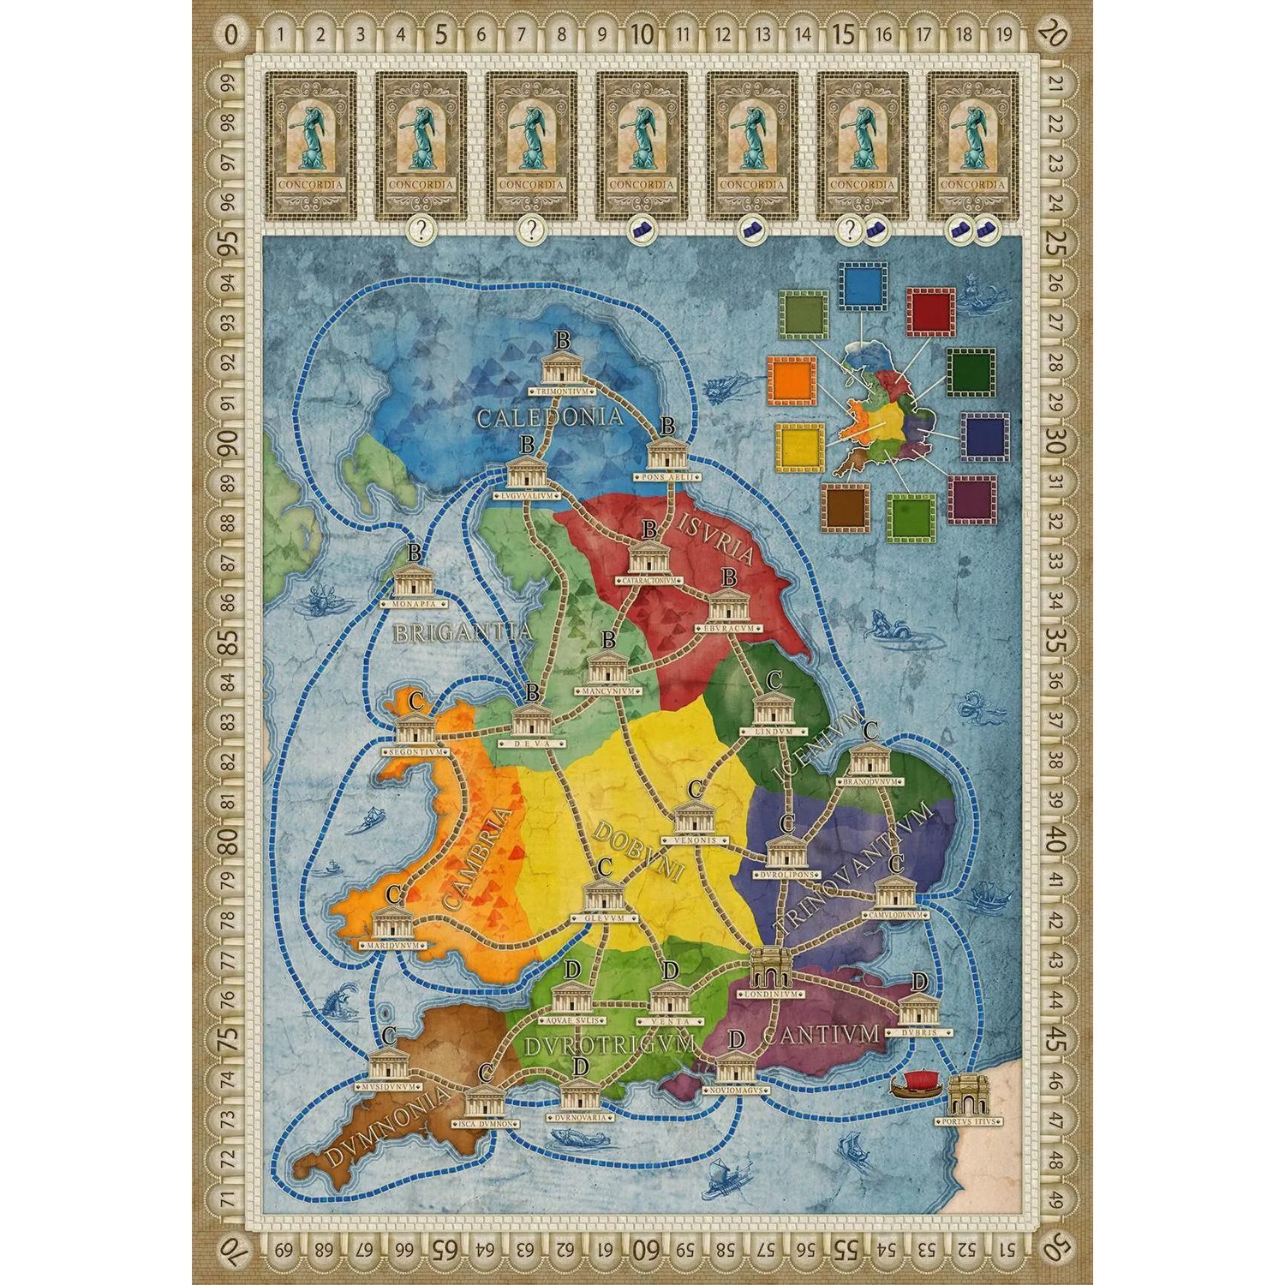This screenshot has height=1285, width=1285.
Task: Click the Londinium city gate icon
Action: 770,968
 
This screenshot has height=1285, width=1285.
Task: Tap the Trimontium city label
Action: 562,391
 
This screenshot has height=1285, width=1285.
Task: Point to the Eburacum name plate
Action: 729,629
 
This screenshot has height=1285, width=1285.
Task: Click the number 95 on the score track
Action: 227,242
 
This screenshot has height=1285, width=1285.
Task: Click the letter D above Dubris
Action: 918,982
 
